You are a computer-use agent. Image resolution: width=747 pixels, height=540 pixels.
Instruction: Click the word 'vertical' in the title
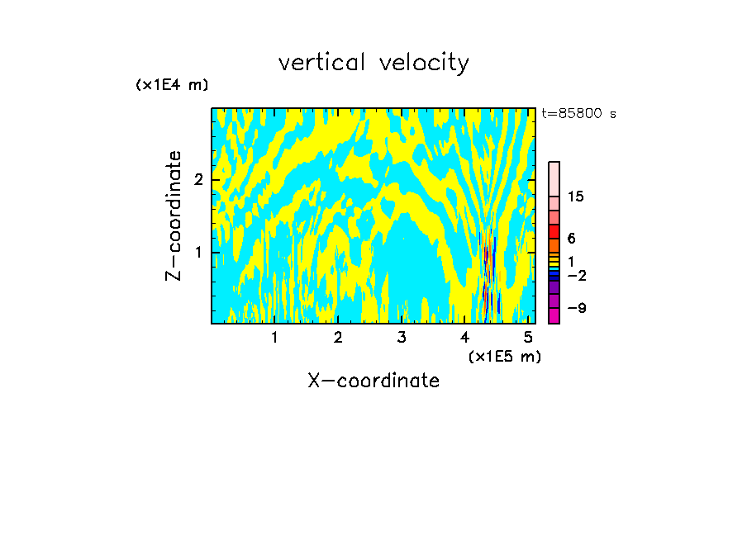tap(321, 63)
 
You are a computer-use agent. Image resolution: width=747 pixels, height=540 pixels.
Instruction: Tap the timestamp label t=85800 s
tap(578, 114)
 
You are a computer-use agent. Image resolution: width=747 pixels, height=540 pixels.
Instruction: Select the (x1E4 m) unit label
tap(172, 85)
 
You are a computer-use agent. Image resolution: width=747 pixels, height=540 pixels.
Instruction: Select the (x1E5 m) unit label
tap(504, 356)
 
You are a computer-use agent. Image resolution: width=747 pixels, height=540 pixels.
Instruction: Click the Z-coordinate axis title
tap(174, 216)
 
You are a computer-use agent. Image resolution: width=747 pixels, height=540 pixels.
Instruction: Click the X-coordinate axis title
tap(373, 381)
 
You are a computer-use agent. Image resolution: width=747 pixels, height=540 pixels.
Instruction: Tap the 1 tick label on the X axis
tap(275, 337)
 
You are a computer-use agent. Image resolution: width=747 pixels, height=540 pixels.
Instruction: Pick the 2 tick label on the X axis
tap(338, 337)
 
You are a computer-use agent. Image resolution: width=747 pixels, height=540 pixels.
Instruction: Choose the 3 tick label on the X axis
tap(402, 337)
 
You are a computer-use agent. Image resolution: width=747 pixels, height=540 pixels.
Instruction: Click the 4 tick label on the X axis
tap(465, 337)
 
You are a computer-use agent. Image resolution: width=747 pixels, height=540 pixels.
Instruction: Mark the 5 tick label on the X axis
tap(529, 337)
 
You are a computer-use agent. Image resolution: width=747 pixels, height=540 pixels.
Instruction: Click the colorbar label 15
tap(575, 197)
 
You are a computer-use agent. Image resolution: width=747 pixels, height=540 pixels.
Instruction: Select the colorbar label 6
tap(571, 239)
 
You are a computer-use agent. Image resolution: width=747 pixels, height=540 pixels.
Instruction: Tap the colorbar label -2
tap(576, 276)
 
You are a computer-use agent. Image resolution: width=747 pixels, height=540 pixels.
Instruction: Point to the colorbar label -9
tap(576, 308)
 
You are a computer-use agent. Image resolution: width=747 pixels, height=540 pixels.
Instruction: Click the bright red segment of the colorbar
tap(554, 231)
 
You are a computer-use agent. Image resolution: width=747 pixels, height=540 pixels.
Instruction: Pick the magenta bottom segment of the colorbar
tap(554, 315)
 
